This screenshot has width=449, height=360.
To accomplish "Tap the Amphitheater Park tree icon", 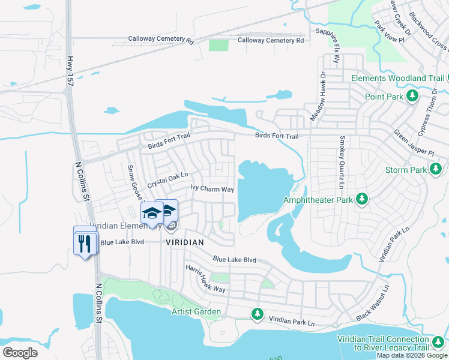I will [361, 199].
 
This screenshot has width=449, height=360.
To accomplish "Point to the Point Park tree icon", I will [412, 97].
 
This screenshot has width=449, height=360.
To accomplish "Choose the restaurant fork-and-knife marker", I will [85, 243].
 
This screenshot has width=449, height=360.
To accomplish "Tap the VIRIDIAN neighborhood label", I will [185, 242].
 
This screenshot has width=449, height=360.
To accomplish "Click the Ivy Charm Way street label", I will [212, 189].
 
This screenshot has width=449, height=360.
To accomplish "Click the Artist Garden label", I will [196, 311].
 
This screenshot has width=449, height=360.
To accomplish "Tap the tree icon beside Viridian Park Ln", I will [258, 313].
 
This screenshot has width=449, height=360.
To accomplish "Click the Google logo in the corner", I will [20, 352].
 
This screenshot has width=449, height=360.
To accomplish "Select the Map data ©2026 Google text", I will [412, 355].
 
